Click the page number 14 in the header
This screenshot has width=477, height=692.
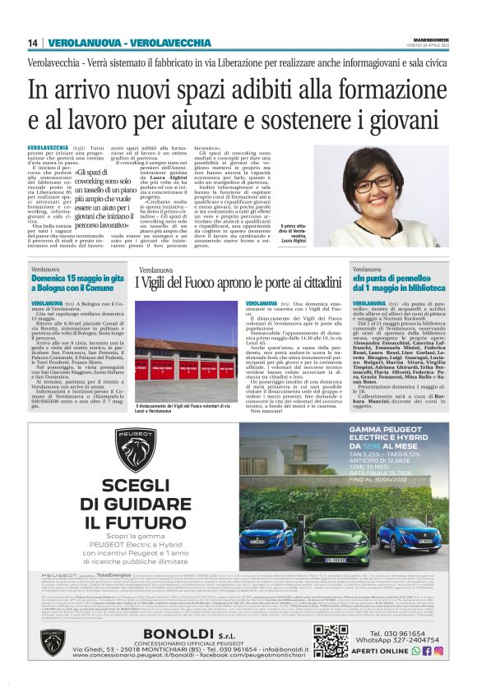[34, 43]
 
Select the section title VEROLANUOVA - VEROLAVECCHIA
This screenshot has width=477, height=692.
[129, 43]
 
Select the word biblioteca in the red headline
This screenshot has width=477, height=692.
[424, 288]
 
